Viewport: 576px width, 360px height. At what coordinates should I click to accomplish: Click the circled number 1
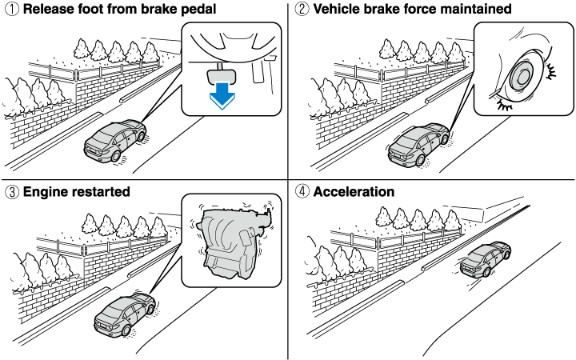click(x=10, y=10)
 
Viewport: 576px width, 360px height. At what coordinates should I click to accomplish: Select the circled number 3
click(x=10, y=192)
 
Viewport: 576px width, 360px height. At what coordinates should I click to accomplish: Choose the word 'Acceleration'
click(x=354, y=192)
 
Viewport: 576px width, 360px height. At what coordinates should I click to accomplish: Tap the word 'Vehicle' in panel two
click(x=337, y=10)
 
